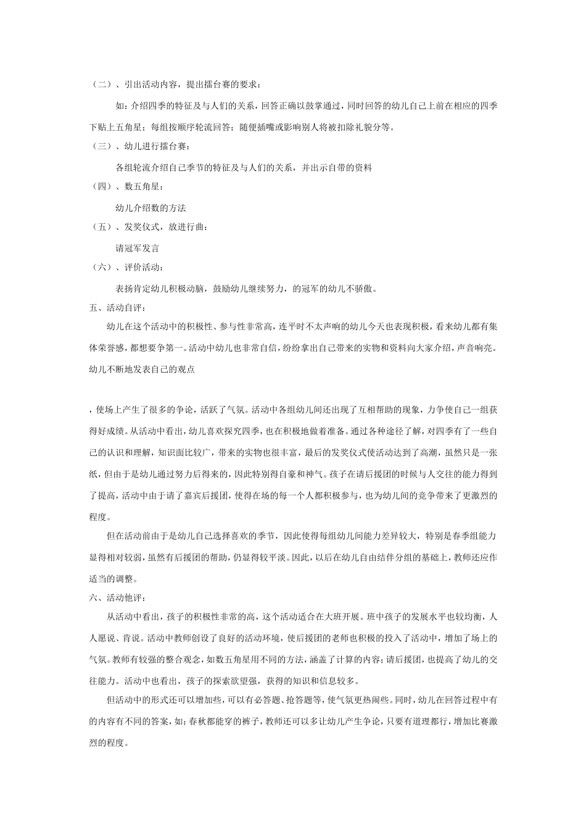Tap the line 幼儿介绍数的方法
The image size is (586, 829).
click(151, 207)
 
